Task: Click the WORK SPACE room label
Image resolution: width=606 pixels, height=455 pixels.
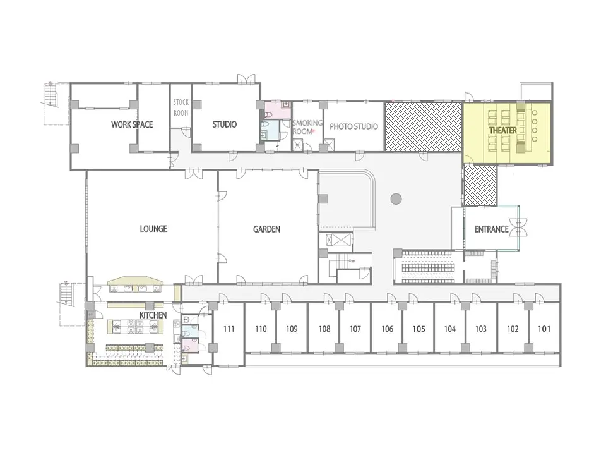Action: [x=132, y=124]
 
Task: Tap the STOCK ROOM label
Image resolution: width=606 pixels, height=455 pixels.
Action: [x=181, y=107]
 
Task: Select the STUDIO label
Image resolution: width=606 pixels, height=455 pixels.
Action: [x=225, y=124]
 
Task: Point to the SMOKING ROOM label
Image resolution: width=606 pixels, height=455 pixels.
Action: [x=307, y=127]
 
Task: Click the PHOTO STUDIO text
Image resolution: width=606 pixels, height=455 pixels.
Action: [x=353, y=126]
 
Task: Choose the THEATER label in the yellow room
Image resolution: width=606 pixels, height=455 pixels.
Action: [x=503, y=130]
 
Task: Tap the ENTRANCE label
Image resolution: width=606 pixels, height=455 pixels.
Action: [x=491, y=229]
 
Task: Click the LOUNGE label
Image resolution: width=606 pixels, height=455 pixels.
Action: [x=153, y=229]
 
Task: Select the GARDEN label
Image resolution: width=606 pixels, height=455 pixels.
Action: [x=266, y=229]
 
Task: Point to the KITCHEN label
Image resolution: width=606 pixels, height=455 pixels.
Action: [x=153, y=315]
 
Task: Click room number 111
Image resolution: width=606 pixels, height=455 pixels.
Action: [x=229, y=329]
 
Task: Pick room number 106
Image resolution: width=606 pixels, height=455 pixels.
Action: [x=387, y=329]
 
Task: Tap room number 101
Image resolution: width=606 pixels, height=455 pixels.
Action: [x=544, y=329]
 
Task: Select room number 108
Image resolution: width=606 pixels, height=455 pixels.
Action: [x=324, y=329]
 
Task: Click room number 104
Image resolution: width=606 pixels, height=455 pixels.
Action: [x=450, y=329]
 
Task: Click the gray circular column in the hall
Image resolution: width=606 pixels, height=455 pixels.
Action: [x=396, y=199]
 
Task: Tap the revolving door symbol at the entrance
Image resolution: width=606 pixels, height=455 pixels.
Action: [x=518, y=227]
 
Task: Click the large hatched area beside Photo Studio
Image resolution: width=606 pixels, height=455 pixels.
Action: [x=423, y=126]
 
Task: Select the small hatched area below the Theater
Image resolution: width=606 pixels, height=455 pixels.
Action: [x=480, y=186]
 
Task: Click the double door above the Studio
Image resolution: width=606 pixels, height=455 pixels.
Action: [x=246, y=78]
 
